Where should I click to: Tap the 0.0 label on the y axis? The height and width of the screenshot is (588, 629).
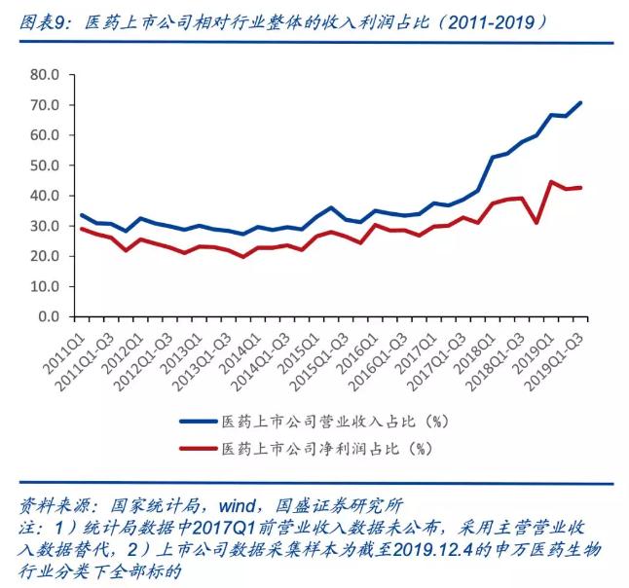coord(48,317)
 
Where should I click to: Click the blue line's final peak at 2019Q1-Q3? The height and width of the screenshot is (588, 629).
coord(581,102)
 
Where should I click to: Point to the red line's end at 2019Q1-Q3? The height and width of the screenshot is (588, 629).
coord(581,187)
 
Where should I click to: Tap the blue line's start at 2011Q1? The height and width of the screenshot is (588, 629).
coord(80,214)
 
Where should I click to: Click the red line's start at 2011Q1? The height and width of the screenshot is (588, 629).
coord(80,229)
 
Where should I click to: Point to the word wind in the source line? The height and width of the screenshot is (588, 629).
coord(238,506)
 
